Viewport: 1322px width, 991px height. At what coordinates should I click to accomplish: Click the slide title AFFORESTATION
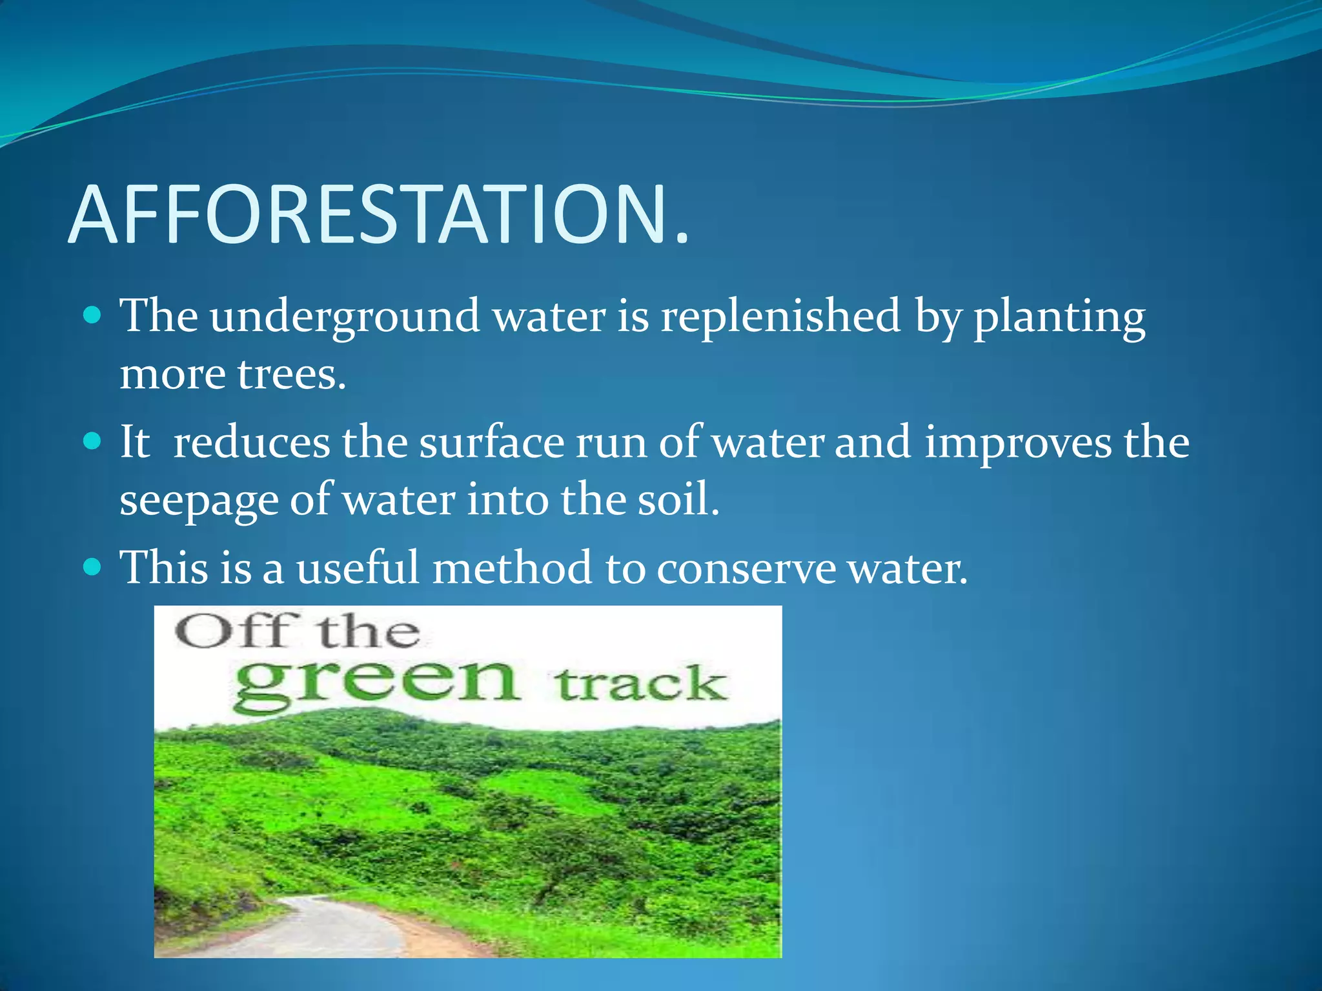[x=378, y=215]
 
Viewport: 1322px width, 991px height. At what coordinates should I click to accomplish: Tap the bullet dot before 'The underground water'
[x=93, y=315]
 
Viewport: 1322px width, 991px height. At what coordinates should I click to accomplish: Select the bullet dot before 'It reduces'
[x=93, y=441]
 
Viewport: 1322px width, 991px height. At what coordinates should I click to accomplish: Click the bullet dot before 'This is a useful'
[x=93, y=567]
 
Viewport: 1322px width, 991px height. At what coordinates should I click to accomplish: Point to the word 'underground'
[x=344, y=317]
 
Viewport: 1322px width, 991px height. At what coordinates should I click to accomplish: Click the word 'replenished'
[x=780, y=317]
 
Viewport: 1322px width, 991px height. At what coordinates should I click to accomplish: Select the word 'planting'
[x=1059, y=317]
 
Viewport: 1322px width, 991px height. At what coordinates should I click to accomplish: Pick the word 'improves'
[x=1018, y=444]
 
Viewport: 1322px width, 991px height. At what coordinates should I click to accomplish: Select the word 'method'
[x=512, y=568]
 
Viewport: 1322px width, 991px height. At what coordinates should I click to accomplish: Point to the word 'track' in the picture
[x=640, y=685]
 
